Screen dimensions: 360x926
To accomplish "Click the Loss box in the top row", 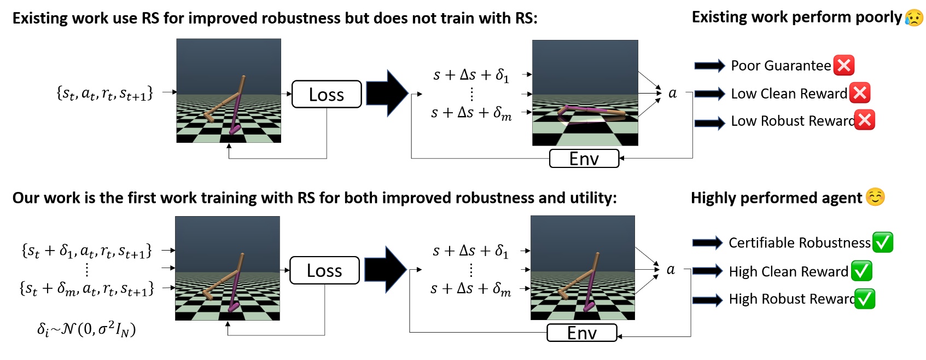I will coord(327,94).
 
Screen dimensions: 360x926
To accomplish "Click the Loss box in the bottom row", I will coord(324,270).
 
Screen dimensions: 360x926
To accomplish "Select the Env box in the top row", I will coord(584,159).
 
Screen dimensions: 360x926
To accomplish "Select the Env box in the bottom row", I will coord(582,333).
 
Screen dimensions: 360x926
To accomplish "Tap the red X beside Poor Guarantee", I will coord(844,66).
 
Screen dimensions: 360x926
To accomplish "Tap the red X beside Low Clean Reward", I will coord(860,93).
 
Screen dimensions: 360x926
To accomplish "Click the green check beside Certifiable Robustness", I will coord(883,242).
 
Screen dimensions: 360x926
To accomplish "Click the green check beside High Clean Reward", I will coord(861,271).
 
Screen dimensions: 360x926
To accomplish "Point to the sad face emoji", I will coord(914,18).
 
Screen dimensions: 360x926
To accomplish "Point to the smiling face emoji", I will coord(875,197).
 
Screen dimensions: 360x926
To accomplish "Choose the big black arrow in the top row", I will coord(387,93).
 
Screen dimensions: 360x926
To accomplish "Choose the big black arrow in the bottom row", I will coord(385,269).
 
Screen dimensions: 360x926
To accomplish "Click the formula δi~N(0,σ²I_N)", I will coord(86,329).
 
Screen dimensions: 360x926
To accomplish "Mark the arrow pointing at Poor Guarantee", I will coord(709,66).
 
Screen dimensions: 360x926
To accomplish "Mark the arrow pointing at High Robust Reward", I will coord(707,299).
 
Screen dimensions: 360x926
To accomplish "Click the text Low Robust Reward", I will coord(793,121).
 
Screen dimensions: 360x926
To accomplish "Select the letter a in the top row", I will coord(673,94).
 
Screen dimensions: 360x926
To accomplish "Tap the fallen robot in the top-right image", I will coord(591,114).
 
